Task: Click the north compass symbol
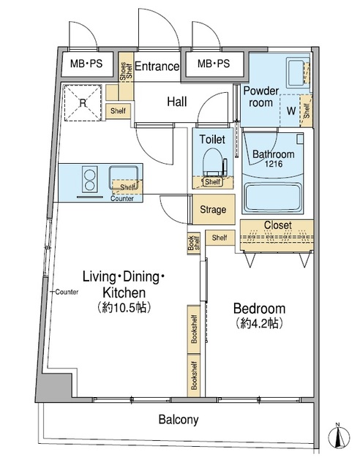339,436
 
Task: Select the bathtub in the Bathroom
272,197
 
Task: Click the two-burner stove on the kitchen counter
89,178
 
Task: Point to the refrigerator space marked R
83,103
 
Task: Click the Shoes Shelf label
126,72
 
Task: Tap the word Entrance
157,66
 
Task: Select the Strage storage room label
213,209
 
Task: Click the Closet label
277,224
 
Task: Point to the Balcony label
179,419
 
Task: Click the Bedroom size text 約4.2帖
259,322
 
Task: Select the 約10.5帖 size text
124,307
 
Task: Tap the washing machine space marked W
291,110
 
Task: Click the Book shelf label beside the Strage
193,244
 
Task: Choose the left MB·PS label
86,64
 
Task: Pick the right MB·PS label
214,64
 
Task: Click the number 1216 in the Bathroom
274,164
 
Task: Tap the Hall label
177,102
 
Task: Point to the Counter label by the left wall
67,292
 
